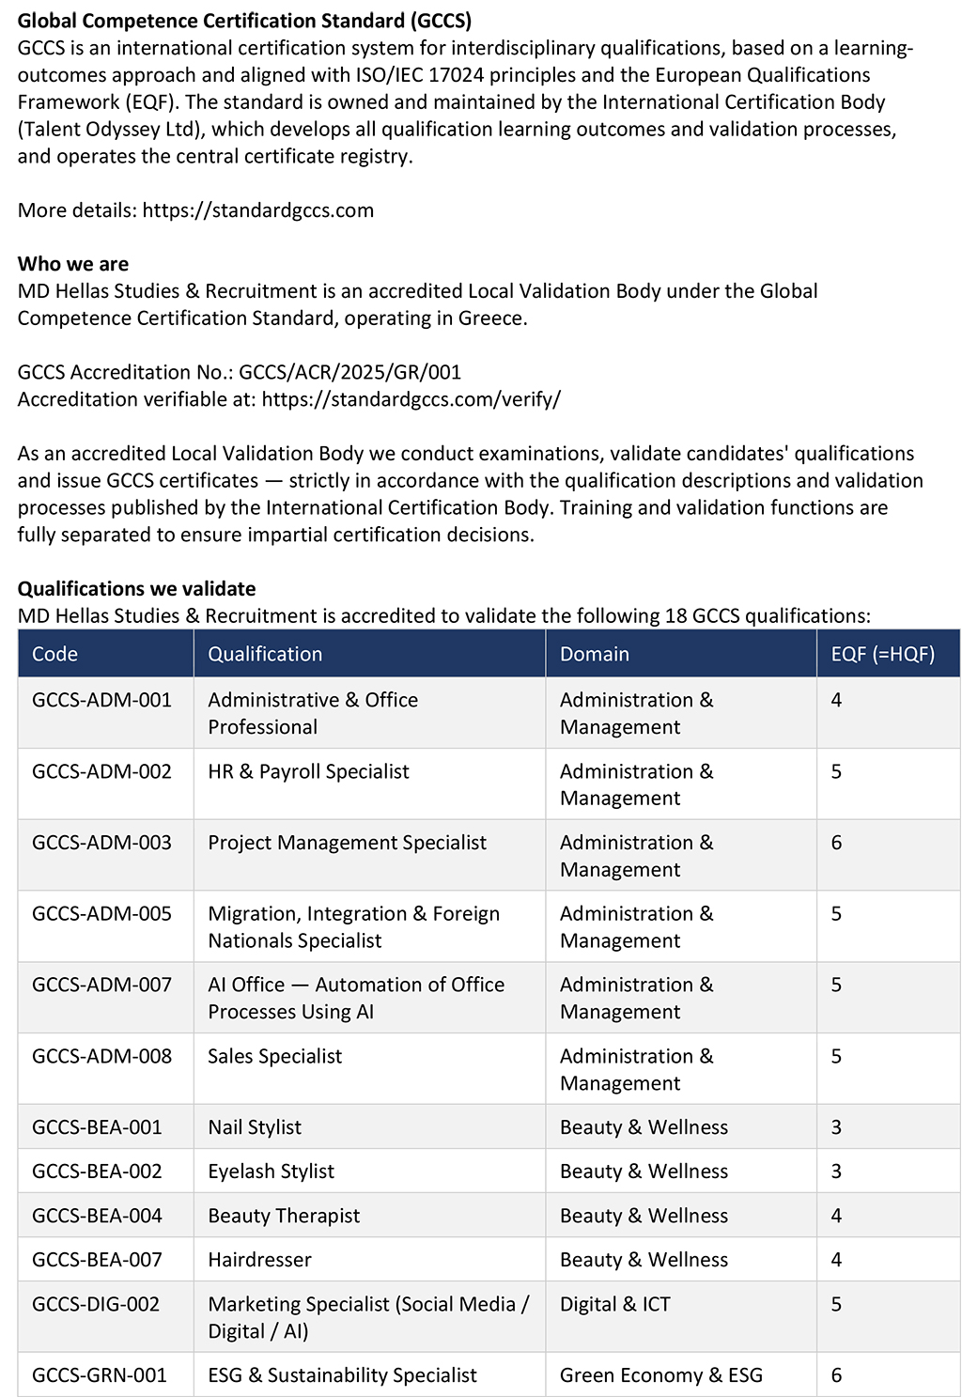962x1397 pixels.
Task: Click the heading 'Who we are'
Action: click(x=73, y=264)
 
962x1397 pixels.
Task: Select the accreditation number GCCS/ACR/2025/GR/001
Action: click(x=349, y=372)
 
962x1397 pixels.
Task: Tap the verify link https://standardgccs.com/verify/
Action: click(x=411, y=399)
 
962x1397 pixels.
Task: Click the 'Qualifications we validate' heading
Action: click(x=137, y=589)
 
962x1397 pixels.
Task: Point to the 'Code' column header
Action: click(x=54, y=654)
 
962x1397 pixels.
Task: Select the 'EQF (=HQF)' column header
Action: click(x=882, y=654)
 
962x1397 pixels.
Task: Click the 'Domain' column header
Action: click(x=594, y=654)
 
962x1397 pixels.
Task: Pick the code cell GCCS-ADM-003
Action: click(x=101, y=843)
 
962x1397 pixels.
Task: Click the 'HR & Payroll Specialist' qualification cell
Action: click(x=308, y=771)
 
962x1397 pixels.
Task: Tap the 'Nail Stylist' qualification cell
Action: click(x=255, y=1127)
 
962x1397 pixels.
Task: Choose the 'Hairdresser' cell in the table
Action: click(x=259, y=1260)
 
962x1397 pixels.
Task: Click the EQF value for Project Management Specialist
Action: click(x=836, y=843)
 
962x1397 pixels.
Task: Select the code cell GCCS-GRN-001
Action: click(x=100, y=1375)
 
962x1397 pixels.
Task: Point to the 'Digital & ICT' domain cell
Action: click(x=614, y=1304)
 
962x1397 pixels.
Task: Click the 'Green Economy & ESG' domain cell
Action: click(x=660, y=1375)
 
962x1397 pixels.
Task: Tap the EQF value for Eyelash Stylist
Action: click(x=836, y=1172)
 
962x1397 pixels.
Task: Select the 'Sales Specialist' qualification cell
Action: click(x=274, y=1056)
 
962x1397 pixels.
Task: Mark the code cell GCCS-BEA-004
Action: click(x=97, y=1216)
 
